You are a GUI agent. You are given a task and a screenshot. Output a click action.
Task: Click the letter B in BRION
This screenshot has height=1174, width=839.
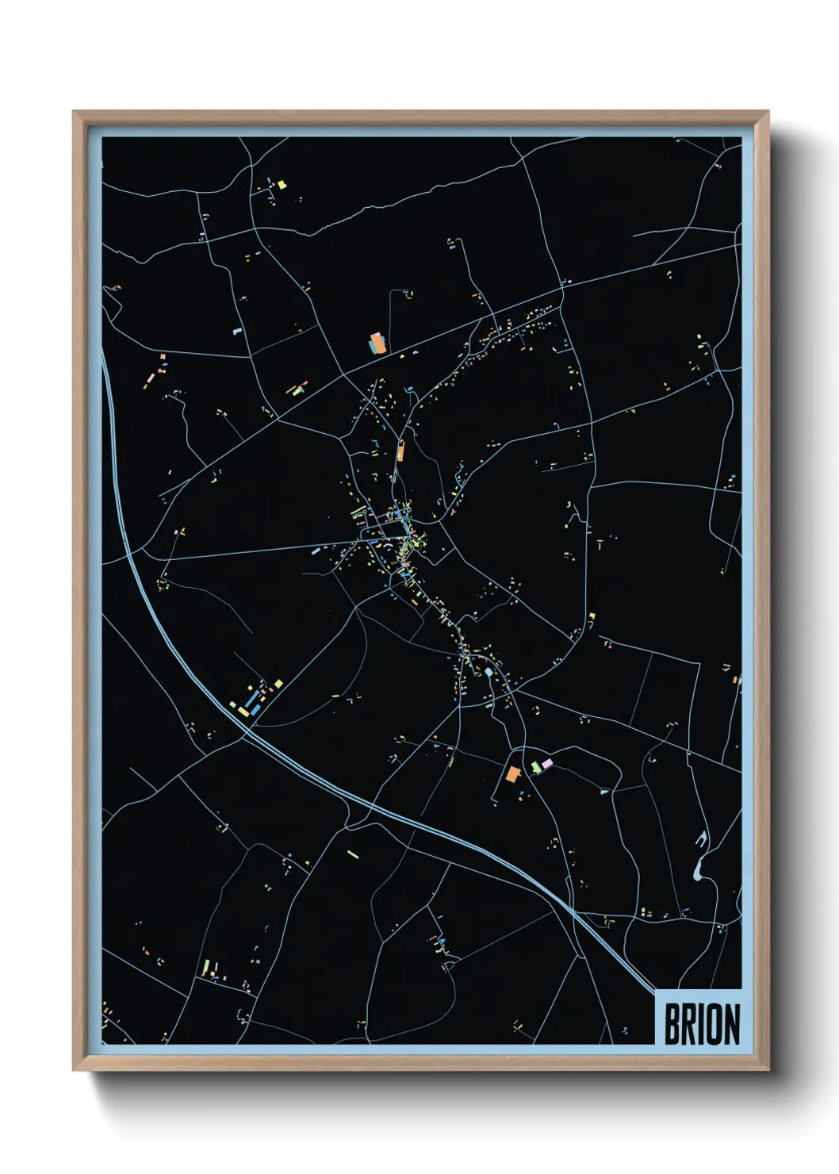[x=672, y=1024]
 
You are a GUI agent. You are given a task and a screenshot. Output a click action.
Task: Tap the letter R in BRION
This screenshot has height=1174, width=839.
[x=689, y=1024]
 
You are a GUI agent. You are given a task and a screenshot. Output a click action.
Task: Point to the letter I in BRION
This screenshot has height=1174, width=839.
[x=702, y=1024]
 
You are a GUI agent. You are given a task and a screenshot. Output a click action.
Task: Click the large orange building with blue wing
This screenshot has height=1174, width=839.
[x=377, y=343]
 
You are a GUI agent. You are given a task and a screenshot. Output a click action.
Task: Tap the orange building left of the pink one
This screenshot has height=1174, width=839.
[x=513, y=773]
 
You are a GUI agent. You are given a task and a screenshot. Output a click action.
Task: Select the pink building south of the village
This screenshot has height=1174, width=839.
[x=546, y=763]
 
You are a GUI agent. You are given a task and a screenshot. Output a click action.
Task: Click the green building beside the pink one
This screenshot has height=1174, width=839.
[x=536, y=767]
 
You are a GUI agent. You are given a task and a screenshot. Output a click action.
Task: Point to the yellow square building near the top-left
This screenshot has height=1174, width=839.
[x=281, y=185]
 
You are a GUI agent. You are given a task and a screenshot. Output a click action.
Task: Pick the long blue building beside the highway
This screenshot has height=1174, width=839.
[x=253, y=700]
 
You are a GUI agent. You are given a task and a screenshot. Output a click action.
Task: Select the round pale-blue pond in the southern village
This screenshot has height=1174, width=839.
[x=489, y=673]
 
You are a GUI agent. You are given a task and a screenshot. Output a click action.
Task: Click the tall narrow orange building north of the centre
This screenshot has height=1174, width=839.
[x=400, y=452]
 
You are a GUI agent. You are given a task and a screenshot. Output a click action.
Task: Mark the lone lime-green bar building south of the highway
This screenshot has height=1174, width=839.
[x=352, y=854]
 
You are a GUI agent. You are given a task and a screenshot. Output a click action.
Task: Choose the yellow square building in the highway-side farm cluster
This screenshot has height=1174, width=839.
[x=278, y=683]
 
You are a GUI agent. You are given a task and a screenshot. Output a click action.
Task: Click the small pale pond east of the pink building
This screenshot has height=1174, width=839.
[x=603, y=791]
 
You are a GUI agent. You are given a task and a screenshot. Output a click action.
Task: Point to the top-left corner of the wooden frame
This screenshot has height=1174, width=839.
[x=74, y=112]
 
